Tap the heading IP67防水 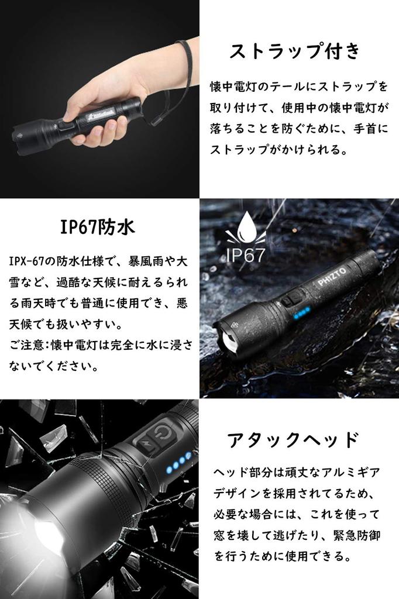(x=97, y=227)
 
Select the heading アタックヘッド (x=292, y=439)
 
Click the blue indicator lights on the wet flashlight (x=301, y=314)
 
